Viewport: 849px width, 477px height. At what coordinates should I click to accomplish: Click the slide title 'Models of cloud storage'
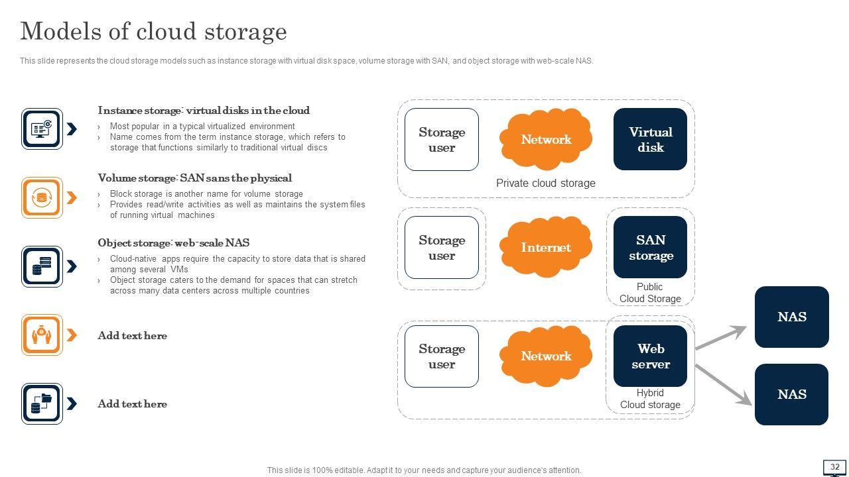click(x=153, y=32)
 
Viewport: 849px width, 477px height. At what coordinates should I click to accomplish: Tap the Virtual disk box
click(x=650, y=139)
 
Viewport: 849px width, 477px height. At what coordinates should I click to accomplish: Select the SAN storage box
click(x=650, y=247)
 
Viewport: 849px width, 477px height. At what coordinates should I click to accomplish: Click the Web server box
click(x=650, y=356)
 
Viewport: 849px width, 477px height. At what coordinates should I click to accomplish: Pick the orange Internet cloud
click(x=545, y=247)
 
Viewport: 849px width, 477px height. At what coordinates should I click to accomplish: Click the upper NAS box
click(x=791, y=317)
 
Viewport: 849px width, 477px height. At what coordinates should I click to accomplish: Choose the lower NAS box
click(x=791, y=394)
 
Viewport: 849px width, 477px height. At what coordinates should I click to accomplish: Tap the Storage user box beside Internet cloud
click(x=442, y=247)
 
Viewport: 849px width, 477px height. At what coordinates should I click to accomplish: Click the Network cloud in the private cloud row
click(x=545, y=139)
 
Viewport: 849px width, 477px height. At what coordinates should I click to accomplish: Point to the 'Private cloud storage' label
click(x=545, y=184)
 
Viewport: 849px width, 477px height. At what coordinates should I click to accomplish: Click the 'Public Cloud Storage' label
click(x=650, y=293)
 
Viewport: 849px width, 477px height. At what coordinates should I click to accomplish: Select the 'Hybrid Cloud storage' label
click(x=650, y=399)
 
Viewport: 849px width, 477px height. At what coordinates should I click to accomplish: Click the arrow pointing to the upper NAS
click(x=722, y=337)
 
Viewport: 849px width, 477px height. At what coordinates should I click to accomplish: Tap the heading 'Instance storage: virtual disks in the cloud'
click(x=204, y=111)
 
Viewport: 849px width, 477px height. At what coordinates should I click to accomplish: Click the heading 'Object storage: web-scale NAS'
click(x=174, y=243)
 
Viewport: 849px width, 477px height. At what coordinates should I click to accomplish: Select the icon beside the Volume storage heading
click(x=42, y=197)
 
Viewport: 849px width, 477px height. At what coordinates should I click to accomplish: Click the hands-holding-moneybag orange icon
click(x=42, y=335)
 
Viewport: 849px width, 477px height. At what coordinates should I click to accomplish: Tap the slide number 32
click(x=834, y=467)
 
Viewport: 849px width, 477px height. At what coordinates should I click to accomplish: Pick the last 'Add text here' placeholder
click(x=133, y=404)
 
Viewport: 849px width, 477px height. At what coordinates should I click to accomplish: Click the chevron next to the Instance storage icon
click(x=72, y=129)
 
